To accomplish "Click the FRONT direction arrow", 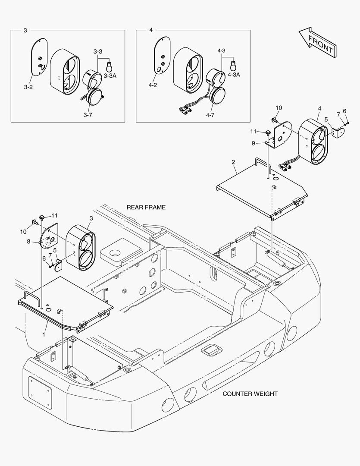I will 317,43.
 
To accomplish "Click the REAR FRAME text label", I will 146,208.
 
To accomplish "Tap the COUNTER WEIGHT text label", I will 250,394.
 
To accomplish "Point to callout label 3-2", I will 28,87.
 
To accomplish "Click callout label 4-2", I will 152,85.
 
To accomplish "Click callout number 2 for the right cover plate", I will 233,162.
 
